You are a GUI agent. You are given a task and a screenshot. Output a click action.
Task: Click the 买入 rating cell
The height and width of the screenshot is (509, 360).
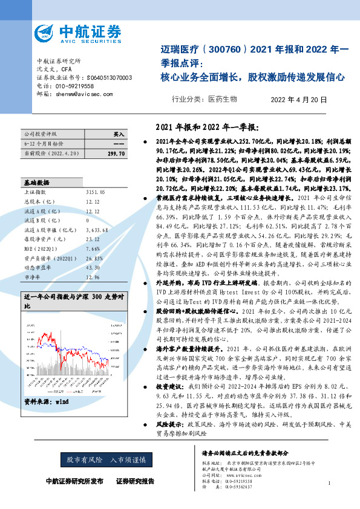[119, 134]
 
